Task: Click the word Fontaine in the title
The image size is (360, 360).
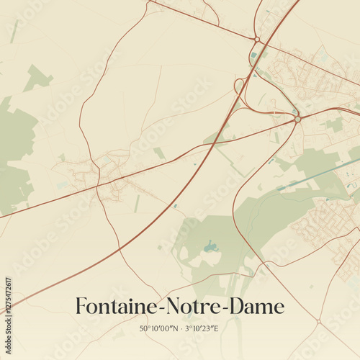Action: tap(119, 307)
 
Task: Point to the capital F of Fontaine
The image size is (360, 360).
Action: tap(81, 307)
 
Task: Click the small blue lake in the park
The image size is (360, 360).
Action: tap(210, 247)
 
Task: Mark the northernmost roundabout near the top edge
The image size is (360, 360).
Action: tap(257, 39)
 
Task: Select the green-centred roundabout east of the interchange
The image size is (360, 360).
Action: tap(297, 119)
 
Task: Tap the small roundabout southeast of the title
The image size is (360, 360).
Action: tap(318, 321)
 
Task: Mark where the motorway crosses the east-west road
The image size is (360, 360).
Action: tap(216, 141)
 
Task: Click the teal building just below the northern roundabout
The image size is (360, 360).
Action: tap(254, 54)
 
